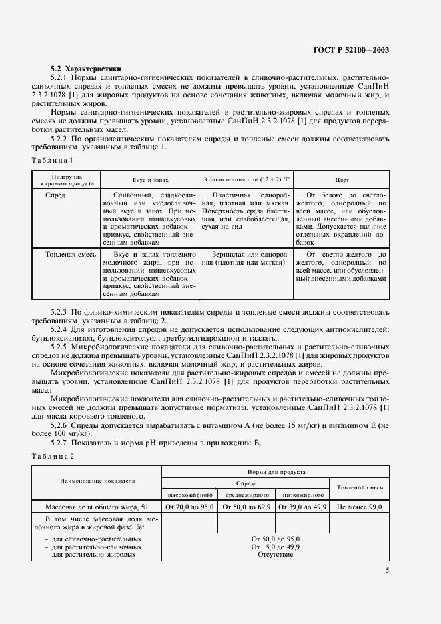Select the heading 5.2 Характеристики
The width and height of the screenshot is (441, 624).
click(x=86, y=69)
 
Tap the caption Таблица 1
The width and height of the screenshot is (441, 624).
click(x=53, y=160)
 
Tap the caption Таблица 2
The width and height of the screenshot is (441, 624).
click(x=53, y=455)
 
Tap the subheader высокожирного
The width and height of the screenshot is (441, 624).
click(x=189, y=495)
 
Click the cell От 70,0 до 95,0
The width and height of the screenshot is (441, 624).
click(x=189, y=507)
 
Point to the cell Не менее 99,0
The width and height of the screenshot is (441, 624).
click(x=360, y=507)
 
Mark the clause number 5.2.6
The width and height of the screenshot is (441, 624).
click(x=63, y=425)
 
